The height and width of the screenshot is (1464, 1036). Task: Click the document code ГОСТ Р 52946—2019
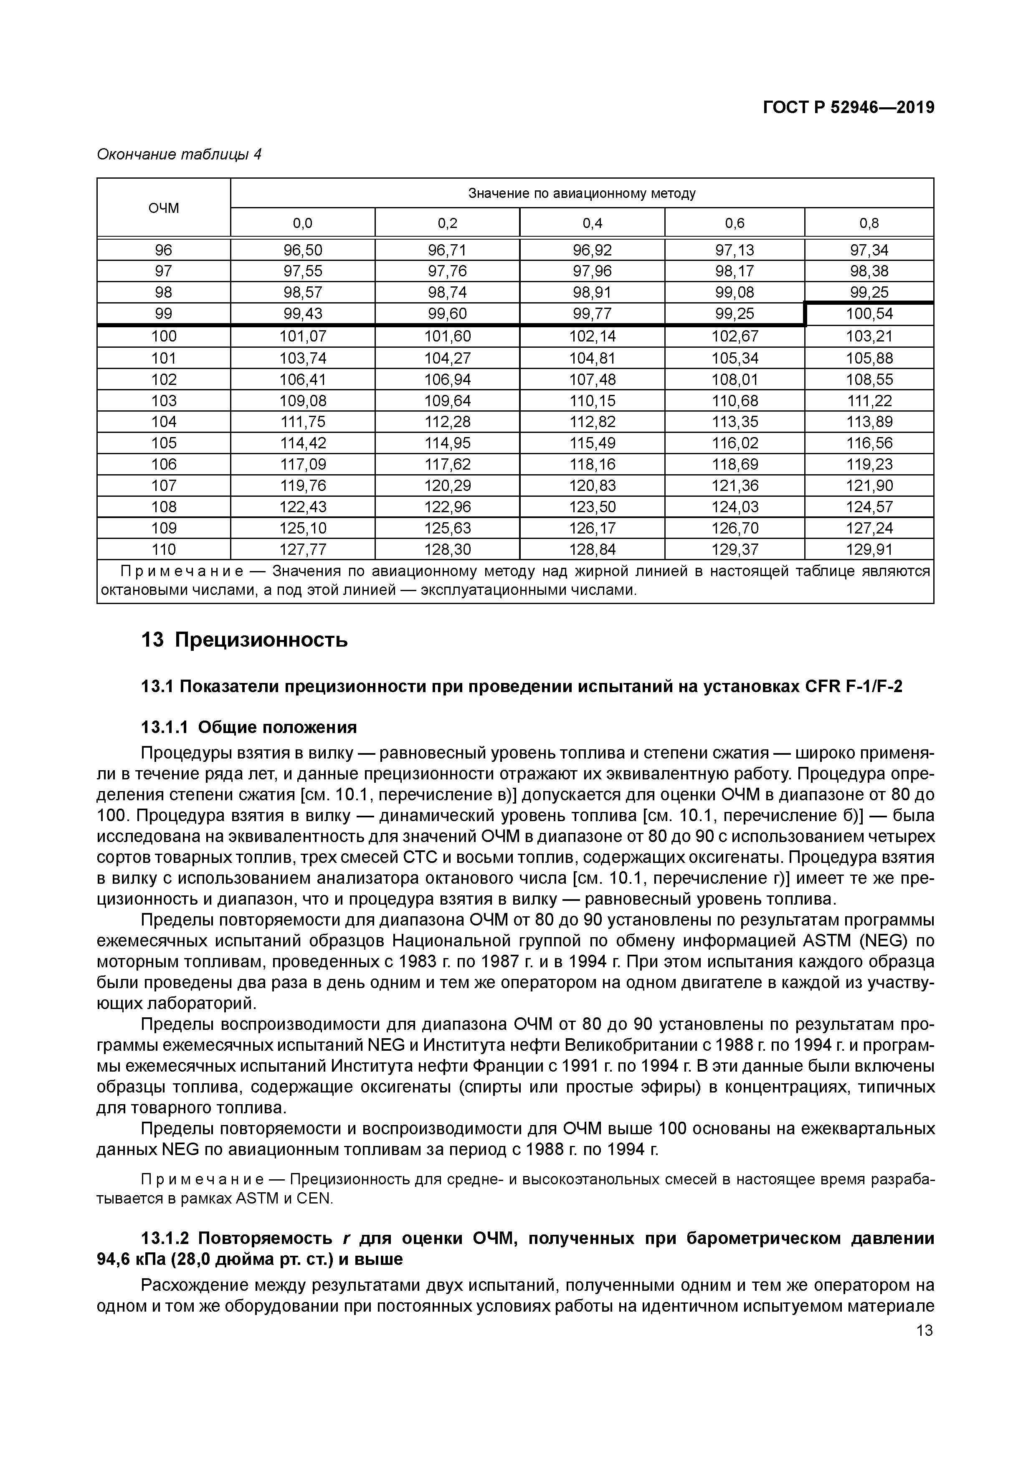pos(849,108)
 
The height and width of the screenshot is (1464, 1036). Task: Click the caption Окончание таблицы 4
pos(179,154)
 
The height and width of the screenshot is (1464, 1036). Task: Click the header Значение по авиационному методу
pos(581,193)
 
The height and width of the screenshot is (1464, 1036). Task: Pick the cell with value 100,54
pos(869,314)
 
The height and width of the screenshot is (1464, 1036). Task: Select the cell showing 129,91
pos(869,549)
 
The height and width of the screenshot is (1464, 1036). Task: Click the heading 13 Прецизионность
pos(244,640)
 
